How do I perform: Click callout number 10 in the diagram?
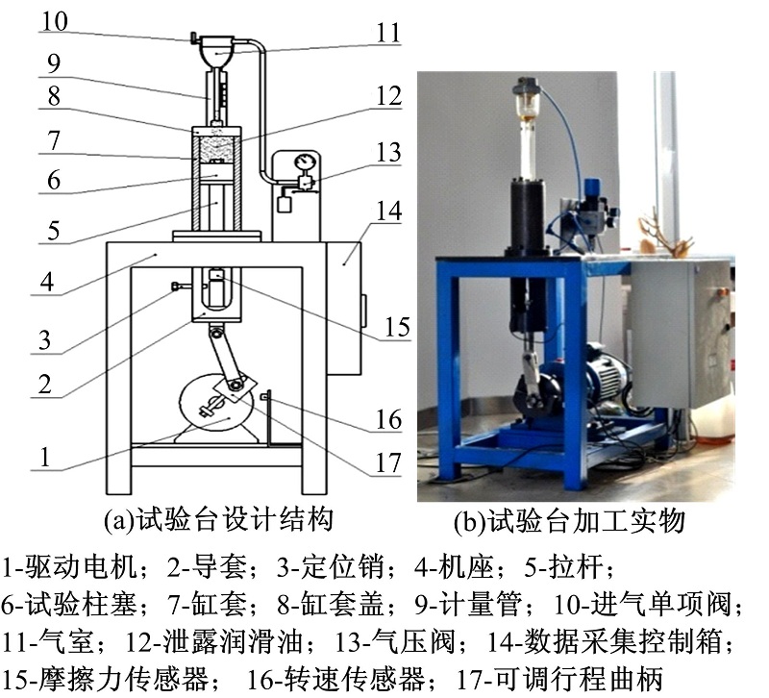55,21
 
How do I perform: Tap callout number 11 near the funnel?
388,34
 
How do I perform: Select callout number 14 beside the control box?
389,211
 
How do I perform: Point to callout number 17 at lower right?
388,462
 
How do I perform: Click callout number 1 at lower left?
45,457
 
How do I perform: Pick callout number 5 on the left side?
54,231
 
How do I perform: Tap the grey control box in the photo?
682,333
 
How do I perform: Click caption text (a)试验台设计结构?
219,519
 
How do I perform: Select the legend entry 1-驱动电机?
71,566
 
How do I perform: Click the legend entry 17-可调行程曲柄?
560,679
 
